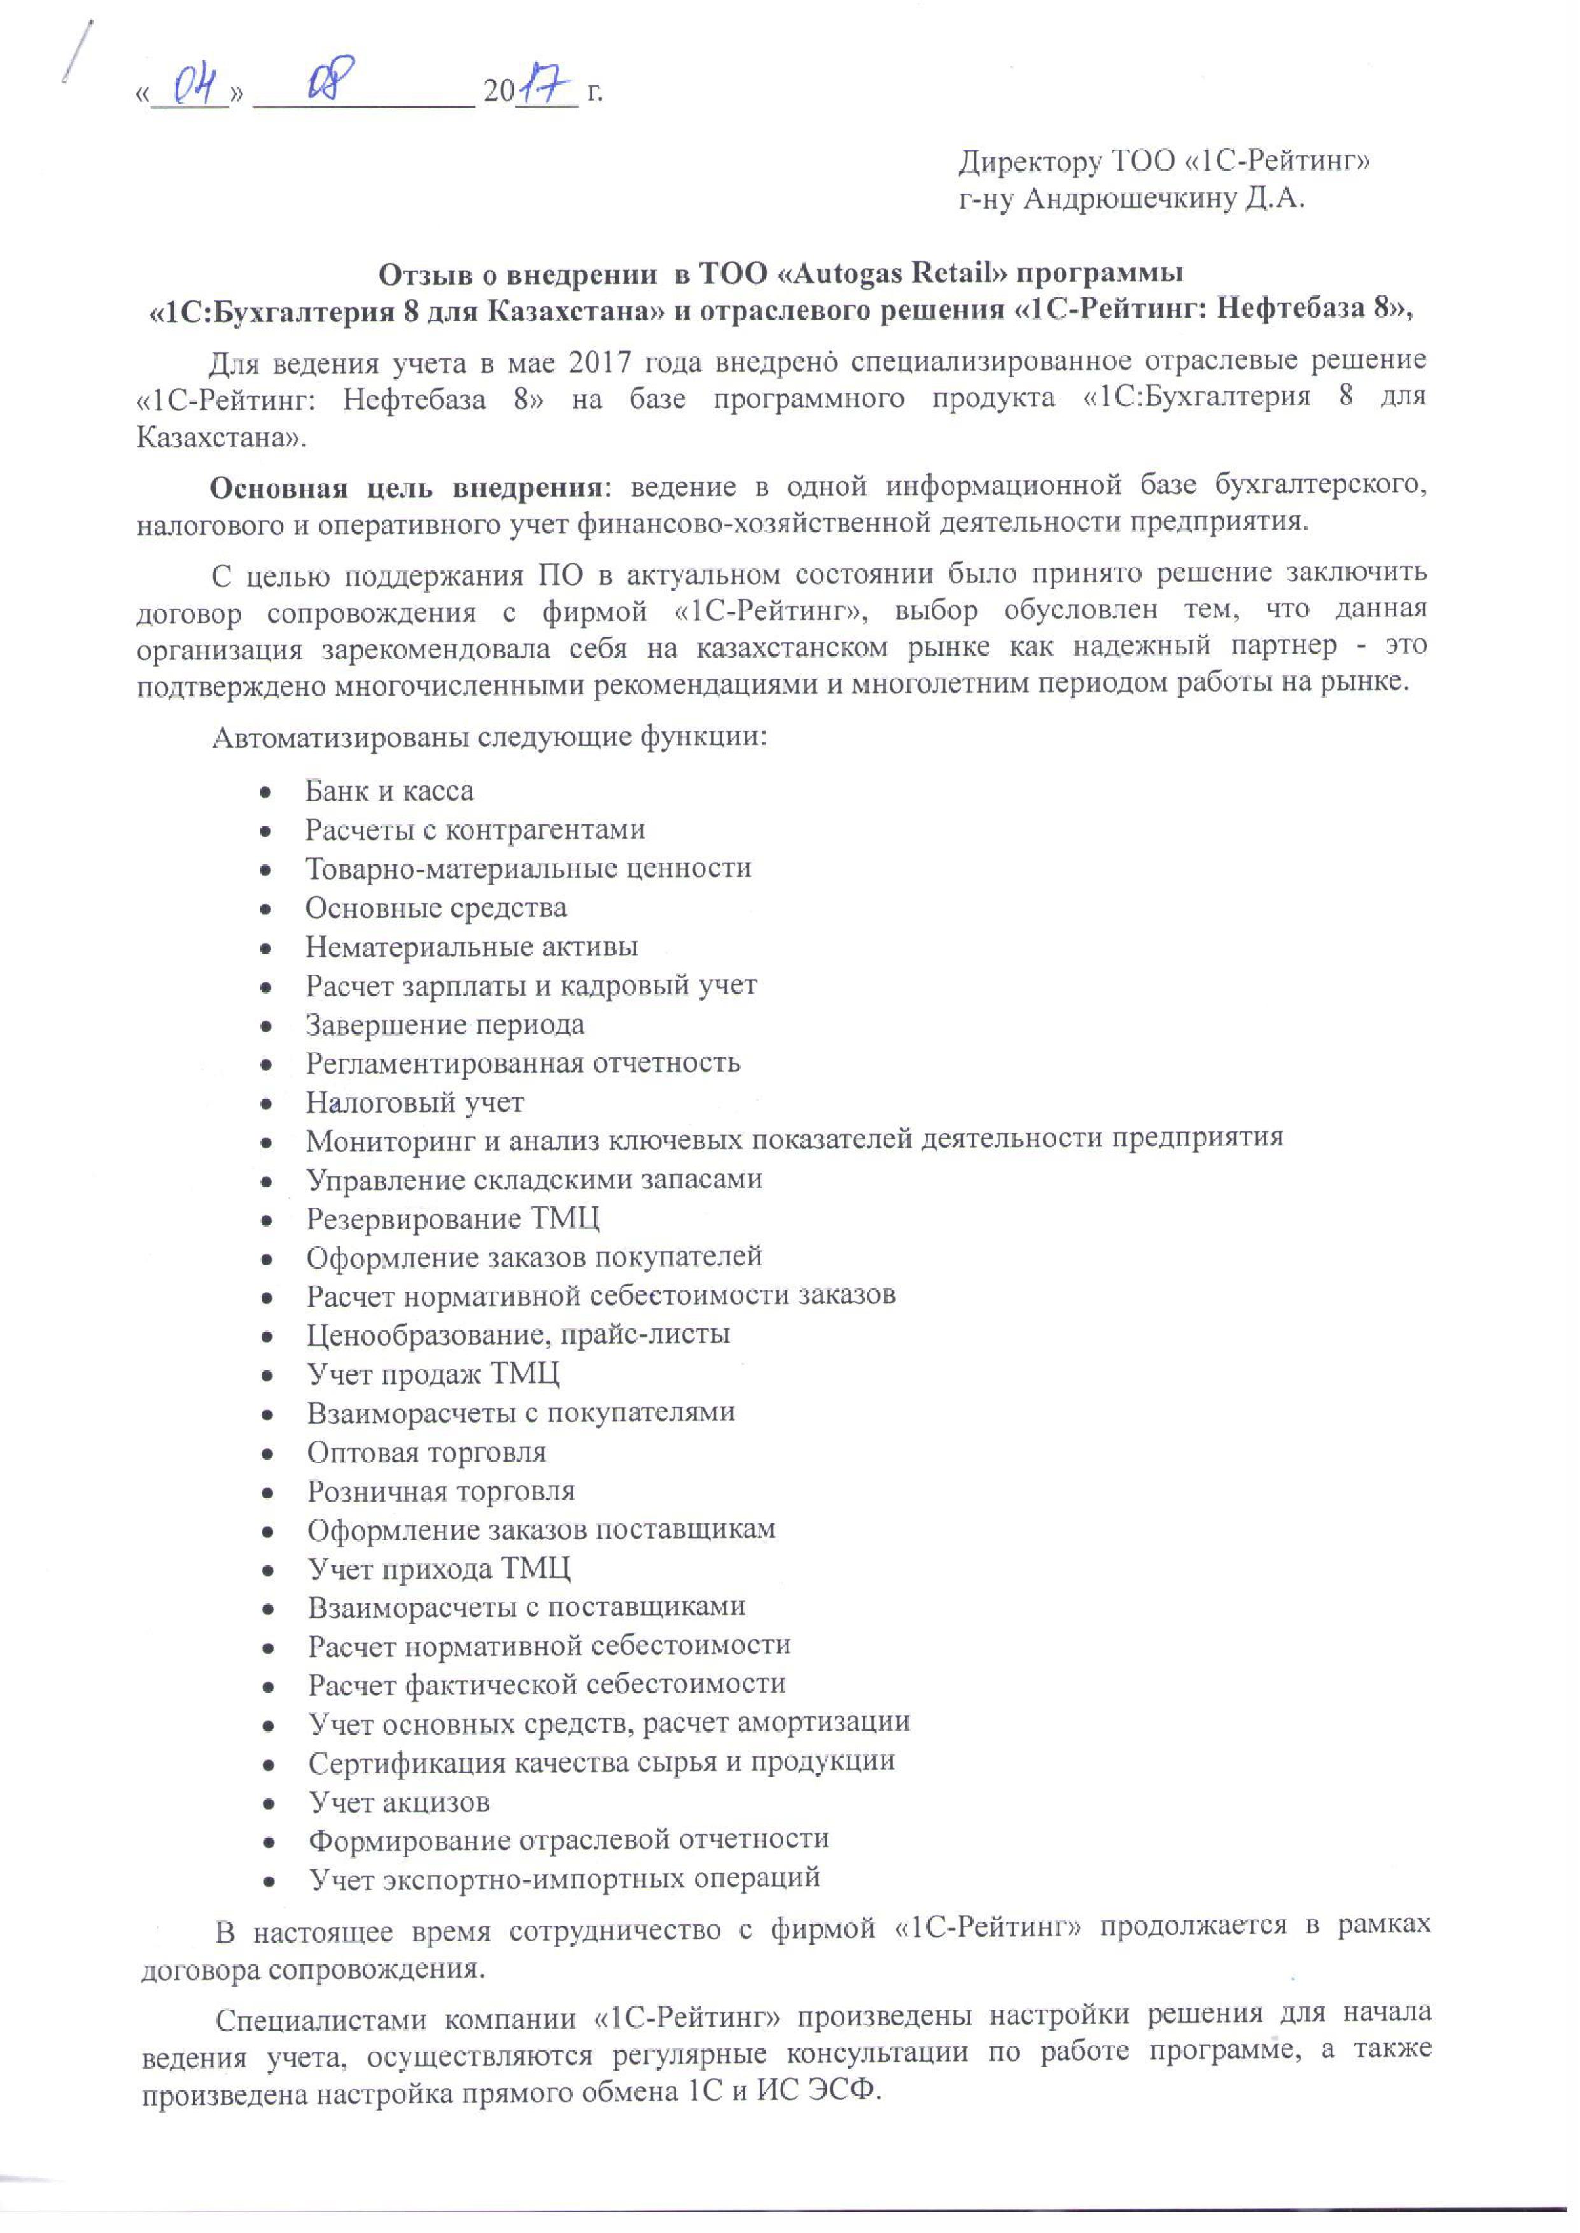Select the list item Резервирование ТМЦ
452,1218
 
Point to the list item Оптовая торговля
426,1452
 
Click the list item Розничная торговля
441,1491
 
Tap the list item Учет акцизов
399,1802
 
